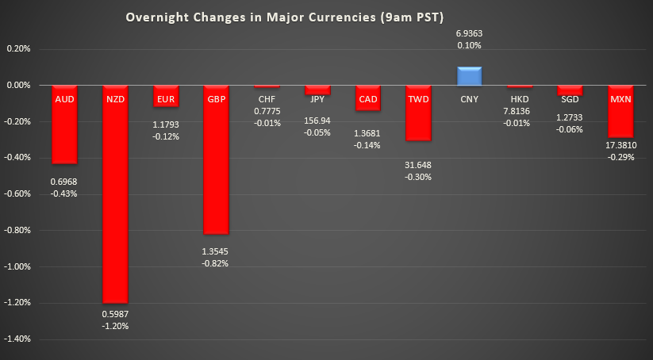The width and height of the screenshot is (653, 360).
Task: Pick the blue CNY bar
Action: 469,76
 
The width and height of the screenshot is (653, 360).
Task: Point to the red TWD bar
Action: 418,115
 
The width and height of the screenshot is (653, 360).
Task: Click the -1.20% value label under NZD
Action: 115,326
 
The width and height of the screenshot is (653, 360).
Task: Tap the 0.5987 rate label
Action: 115,313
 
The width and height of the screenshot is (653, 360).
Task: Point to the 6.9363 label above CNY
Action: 469,33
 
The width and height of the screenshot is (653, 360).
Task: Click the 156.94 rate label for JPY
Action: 317,121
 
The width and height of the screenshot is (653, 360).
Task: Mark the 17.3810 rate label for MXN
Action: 620,147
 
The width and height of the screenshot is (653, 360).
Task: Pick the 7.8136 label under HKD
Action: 520,110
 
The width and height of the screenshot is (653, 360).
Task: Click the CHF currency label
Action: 267,99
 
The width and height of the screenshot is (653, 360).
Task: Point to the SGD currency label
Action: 570,99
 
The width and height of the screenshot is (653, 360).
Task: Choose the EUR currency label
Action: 166,99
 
